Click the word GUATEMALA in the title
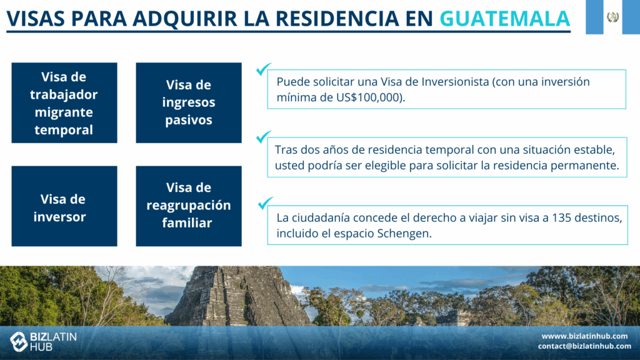pyautogui.click(x=504, y=18)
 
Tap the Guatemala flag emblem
pyautogui.click(x=612, y=17)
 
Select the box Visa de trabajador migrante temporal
pyautogui.click(x=64, y=103)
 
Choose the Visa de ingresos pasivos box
pyautogui.click(x=189, y=103)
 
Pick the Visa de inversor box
pyautogui.click(x=64, y=206)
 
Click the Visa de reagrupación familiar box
pyautogui.click(x=189, y=206)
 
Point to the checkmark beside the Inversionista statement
pyautogui.click(x=264, y=69)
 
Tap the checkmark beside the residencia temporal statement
pyautogui.click(x=264, y=137)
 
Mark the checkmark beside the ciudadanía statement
pyautogui.click(x=265, y=203)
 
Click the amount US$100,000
pyautogui.click(x=367, y=97)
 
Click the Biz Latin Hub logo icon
pyautogui.click(x=19, y=341)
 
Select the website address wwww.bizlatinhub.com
pyautogui.click(x=584, y=336)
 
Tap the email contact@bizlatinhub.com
pyautogui.click(x=584, y=346)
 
